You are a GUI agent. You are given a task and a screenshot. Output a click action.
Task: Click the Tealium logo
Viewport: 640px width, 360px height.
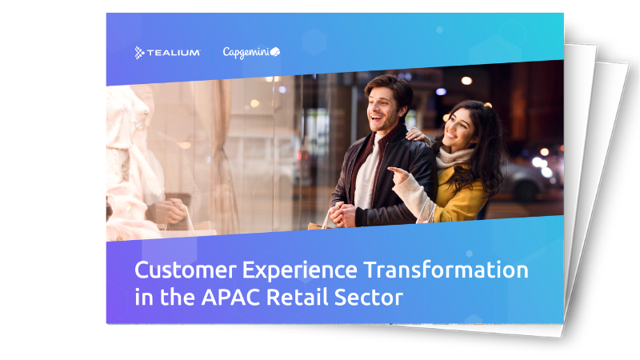coord(167,53)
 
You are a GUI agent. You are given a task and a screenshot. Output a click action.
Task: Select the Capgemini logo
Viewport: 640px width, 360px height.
coord(251,52)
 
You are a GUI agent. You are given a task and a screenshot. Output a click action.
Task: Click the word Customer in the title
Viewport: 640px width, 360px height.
coord(186,270)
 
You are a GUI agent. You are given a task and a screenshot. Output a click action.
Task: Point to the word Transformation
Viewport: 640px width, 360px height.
coord(446,270)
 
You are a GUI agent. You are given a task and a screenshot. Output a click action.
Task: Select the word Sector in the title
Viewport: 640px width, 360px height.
coord(369,297)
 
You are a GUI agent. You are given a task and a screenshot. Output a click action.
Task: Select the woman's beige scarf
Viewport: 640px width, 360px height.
coord(454,157)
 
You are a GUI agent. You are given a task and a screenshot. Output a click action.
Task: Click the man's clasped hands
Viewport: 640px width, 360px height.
coord(342,214)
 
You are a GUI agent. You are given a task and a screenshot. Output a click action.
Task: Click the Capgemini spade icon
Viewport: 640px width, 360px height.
coord(275,52)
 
